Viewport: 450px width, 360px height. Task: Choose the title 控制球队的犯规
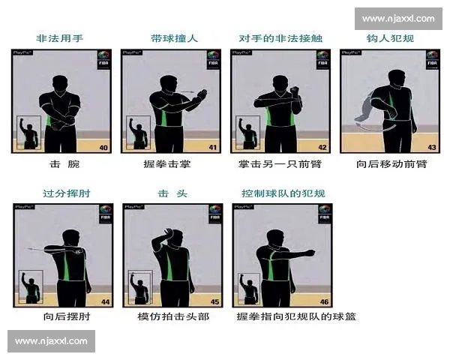click(283, 193)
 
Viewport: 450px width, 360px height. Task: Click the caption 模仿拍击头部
click(173, 316)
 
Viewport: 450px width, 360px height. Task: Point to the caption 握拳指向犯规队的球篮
click(295, 316)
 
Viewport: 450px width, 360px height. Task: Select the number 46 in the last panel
click(323, 301)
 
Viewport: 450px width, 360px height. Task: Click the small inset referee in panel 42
click(247, 132)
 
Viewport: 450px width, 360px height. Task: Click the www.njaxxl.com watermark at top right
click(398, 18)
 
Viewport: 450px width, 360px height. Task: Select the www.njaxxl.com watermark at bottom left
click(51, 341)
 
